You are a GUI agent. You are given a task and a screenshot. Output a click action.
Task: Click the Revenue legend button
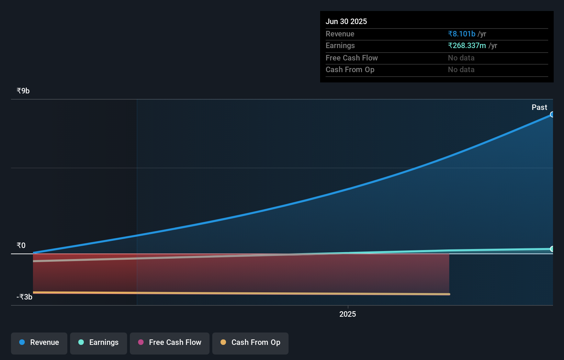[39, 343]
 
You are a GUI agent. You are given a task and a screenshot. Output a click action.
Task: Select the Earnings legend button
[99, 343]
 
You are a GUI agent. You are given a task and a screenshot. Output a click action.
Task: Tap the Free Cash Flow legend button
[170, 343]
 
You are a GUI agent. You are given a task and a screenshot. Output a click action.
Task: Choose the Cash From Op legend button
[250, 343]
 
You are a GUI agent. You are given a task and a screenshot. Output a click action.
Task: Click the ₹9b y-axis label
[23, 91]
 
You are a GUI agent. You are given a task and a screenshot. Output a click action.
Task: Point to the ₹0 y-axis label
[21, 246]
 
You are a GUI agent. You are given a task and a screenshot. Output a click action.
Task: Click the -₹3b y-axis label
[24, 297]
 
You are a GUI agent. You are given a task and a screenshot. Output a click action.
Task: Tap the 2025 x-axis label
[348, 314]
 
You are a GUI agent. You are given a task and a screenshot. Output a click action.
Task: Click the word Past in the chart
[539, 108]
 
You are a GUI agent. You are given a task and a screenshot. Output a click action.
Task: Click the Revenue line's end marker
[552, 114]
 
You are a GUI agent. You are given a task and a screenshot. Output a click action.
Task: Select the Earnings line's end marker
[552, 249]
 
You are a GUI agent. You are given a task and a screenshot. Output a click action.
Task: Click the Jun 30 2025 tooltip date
[346, 22]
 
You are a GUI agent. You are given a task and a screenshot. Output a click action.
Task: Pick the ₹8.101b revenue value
[462, 34]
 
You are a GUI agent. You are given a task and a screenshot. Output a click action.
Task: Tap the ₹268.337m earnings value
[467, 46]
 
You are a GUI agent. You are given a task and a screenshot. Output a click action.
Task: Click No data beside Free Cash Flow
[461, 58]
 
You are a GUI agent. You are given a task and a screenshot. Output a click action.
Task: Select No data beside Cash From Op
[461, 70]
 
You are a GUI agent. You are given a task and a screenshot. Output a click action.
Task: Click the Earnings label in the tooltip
[340, 46]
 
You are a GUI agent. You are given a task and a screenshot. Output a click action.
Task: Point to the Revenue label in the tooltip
[340, 34]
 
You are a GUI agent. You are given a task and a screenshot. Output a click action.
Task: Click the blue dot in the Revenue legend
[22, 342]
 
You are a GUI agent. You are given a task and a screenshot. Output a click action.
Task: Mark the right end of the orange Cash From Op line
[449, 294]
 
